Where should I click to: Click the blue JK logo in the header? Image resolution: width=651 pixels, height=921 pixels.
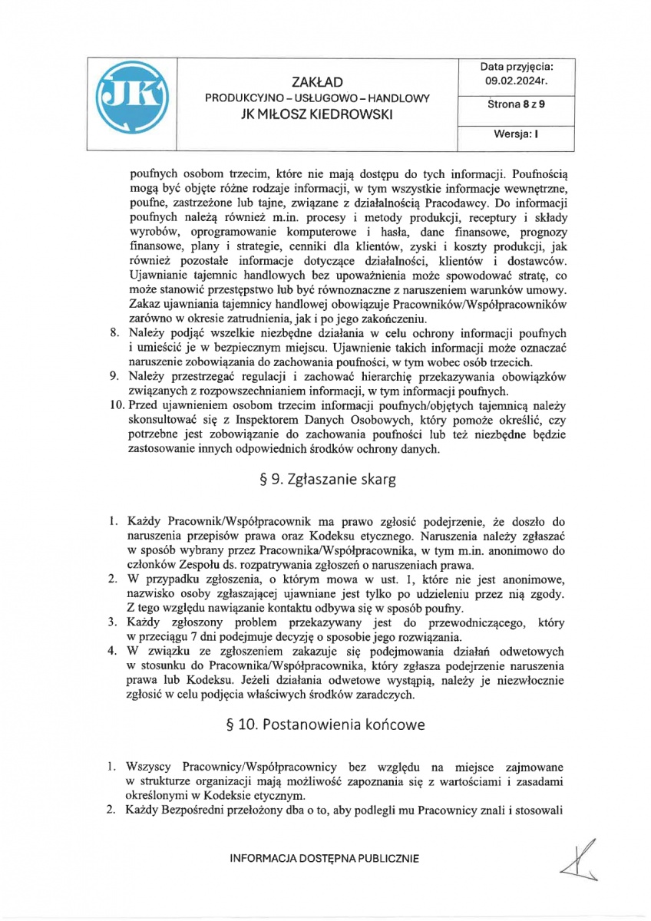click(x=132, y=104)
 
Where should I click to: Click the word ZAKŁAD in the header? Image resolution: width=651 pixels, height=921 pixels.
click(x=316, y=82)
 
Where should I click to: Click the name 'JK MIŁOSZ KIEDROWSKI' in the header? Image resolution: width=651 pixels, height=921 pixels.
click(x=317, y=114)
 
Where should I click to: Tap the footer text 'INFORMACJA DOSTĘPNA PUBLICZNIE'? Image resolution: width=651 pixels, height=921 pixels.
click(x=325, y=859)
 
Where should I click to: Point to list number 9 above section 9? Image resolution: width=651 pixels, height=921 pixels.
click(x=112, y=375)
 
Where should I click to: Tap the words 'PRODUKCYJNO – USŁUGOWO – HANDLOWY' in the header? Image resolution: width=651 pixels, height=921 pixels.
click(x=316, y=98)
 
